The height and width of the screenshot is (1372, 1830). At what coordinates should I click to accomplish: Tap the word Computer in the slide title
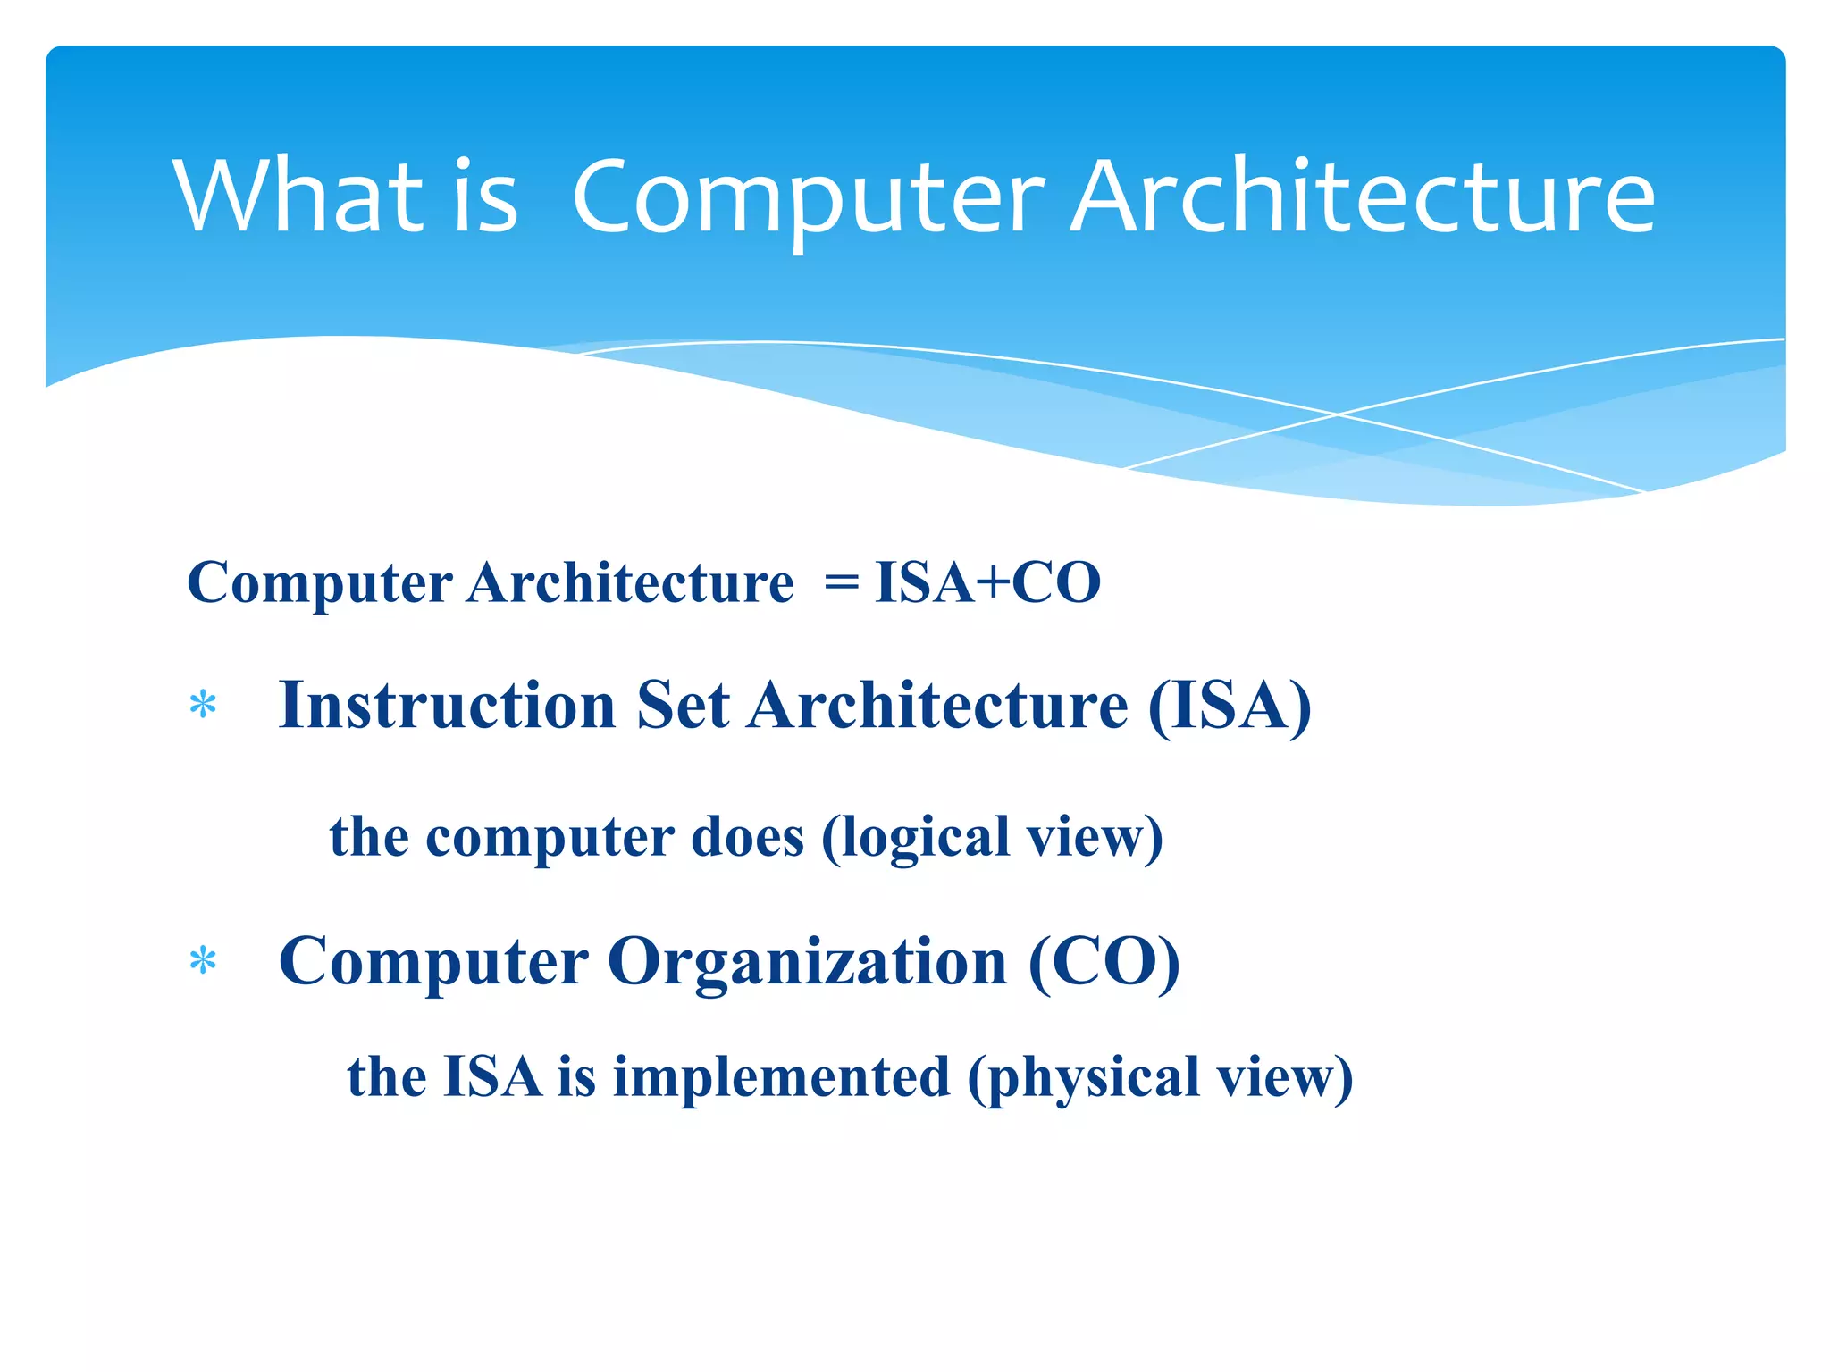pyautogui.click(x=808, y=198)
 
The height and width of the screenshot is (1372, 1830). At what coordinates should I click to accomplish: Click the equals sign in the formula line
pyautogui.click(x=841, y=583)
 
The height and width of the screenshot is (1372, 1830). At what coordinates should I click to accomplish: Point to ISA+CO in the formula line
pyautogui.click(x=987, y=582)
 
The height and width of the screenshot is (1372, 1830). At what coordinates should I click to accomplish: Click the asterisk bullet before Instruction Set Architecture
pyautogui.click(x=204, y=706)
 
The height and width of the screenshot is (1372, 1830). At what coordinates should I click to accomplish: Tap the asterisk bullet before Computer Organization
pyautogui.click(x=204, y=962)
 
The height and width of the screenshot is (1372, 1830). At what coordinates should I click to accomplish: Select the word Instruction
pyautogui.click(x=447, y=706)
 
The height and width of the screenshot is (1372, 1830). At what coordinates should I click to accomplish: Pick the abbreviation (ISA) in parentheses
pyautogui.click(x=1230, y=706)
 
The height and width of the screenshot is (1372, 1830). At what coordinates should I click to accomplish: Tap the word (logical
pyautogui.click(x=915, y=837)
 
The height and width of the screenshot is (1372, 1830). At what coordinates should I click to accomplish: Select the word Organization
pyautogui.click(x=808, y=962)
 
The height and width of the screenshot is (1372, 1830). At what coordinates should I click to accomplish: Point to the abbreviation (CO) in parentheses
pyautogui.click(x=1104, y=962)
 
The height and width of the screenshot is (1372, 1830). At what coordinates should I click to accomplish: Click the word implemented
pyautogui.click(x=781, y=1076)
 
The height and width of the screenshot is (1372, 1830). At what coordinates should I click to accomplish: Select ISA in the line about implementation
pyautogui.click(x=492, y=1076)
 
